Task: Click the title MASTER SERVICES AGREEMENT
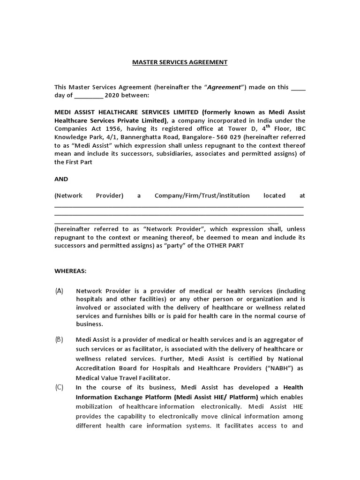(180, 62)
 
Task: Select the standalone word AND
(61, 179)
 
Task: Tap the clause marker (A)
(60, 291)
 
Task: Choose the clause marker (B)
(60, 339)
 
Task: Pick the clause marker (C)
(60, 387)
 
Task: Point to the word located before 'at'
(274, 195)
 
